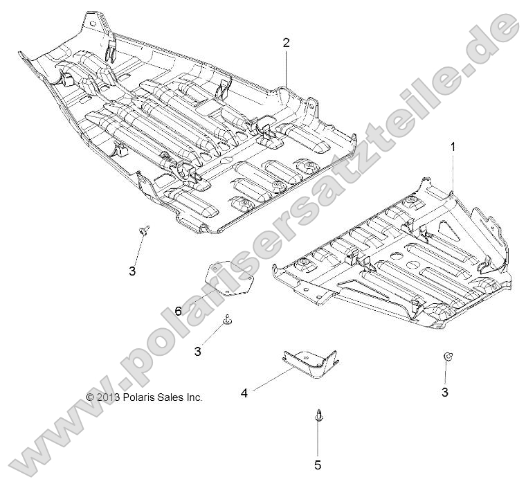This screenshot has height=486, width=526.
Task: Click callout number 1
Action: point(453,147)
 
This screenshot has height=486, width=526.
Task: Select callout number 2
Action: point(286,43)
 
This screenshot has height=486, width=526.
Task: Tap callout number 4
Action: point(244,393)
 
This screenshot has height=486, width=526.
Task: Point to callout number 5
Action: point(318,465)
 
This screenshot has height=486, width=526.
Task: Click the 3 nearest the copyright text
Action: point(198,352)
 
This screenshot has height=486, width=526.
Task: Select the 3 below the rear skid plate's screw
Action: point(132,271)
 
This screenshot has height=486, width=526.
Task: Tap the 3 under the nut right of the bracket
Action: point(445,392)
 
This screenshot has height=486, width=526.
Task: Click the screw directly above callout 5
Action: point(318,415)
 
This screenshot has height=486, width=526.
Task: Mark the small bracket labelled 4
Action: point(310,363)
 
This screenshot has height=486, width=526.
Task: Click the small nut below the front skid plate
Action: point(448,357)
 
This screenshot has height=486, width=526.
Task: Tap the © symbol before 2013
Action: point(89,397)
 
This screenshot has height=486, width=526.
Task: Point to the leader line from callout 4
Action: point(271,381)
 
